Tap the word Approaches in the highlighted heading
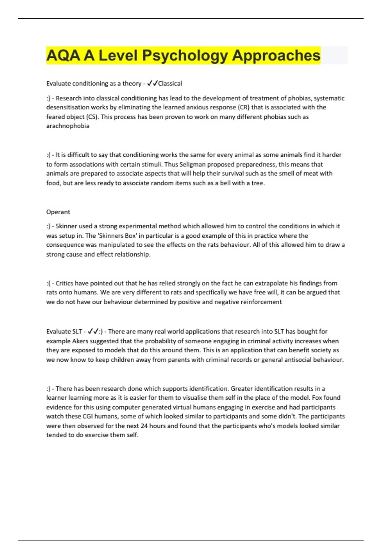click(276, 55)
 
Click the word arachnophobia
click(68, 126)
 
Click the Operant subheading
click(58, 212)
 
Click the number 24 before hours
click(144, 426)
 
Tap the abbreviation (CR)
click(244, 108)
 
